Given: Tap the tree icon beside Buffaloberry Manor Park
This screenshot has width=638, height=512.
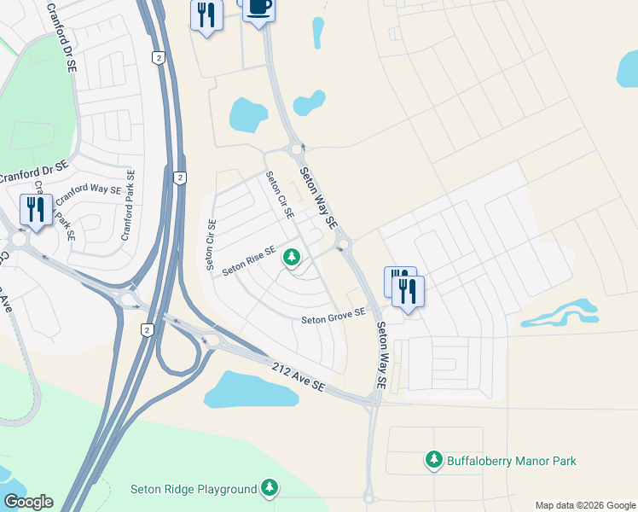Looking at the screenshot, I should [434, 460].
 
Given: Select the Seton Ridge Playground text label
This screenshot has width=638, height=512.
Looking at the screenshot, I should [193, 489].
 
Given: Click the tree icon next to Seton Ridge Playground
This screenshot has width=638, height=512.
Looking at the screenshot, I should [270, 487].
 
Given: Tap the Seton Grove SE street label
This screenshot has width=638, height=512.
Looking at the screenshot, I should [333, 317].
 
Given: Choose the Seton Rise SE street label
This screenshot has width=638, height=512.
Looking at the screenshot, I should [249, 261].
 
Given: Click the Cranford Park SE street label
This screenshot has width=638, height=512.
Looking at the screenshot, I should [128, 205].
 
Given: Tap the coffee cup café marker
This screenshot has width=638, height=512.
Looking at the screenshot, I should [258, 9].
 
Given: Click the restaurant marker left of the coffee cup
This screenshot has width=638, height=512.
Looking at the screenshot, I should [206, 16].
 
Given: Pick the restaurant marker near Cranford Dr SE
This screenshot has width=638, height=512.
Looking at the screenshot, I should [36, 208].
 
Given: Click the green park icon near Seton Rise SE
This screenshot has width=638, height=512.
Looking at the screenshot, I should [292, 256].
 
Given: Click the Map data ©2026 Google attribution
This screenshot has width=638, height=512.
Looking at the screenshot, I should [585, 505].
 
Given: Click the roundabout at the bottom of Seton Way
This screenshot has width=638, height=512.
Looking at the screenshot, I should [368, 496].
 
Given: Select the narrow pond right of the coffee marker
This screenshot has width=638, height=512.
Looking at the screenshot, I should [318, 32].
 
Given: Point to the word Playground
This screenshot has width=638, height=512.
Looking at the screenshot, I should [226, 489].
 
